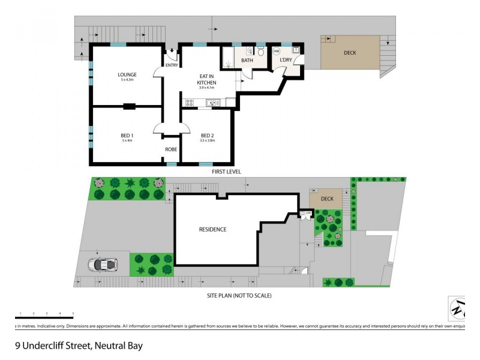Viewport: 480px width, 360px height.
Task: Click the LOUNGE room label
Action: click(x=127, y=74)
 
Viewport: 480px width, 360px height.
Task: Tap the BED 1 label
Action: click(x=127, y=136)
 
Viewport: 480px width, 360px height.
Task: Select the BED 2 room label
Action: click(x=208, y=136)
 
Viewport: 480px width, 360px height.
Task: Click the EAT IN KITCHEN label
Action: click(x=208, y=79)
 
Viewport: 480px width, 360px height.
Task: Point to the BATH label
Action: click(x=247, y=61)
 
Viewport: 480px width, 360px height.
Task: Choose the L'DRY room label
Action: click(x=286, y=61)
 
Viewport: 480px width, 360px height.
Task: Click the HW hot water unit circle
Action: click(x=277, y=52)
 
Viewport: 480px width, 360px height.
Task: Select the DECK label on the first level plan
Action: click(x=350, y=53)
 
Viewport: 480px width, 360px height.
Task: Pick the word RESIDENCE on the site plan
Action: click(x=212, y=229)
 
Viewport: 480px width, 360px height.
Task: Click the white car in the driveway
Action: click(x=103, y=263)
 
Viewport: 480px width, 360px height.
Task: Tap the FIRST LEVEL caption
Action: click(x=226, y=172)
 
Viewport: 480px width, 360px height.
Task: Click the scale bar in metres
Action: click(x=44, y=317)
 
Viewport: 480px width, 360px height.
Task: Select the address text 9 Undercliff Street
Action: click(x=79, y=346)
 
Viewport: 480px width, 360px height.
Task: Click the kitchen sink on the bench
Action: click(x=213, y=103)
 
